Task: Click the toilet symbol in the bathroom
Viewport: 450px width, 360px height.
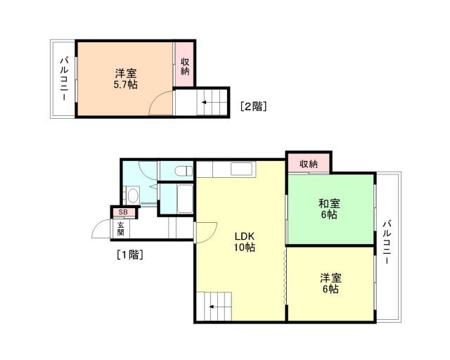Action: (182, 170)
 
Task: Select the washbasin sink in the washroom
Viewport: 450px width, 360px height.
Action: (132, 195)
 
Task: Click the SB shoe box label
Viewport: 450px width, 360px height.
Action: (122, 212)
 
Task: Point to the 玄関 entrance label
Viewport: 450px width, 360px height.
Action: (121, 229)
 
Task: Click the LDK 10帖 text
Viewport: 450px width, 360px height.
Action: (244, 241)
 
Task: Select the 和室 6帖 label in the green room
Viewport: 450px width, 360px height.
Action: (328, 209)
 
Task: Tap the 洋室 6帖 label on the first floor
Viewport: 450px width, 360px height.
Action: (328, 283)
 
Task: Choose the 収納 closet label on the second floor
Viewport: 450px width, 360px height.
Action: (185, 66)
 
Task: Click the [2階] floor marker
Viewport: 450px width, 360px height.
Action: (253, 107)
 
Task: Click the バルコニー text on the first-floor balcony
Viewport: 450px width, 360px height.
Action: (386, 242)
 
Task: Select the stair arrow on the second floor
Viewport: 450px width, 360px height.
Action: (204, 103)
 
